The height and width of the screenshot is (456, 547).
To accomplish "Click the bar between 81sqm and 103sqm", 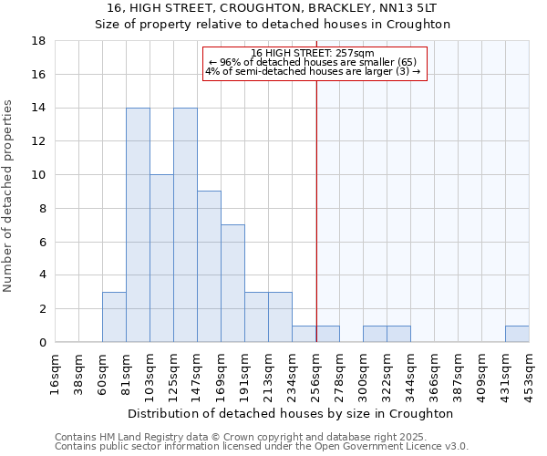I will [x=138, y=225].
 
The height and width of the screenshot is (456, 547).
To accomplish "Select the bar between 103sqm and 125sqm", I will [x=161, y=258].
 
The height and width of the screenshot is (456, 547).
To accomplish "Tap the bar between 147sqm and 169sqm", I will [x=209, y=266].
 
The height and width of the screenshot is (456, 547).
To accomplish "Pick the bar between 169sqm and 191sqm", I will [x=232, y=284].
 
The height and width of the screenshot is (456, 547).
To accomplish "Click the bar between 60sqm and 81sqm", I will [x=114, y=316].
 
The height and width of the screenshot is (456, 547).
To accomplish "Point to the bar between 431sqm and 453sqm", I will [x=517, y=334].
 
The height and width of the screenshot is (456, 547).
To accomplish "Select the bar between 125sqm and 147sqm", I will [x=185, y=225].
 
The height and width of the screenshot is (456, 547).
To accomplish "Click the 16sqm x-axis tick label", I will [x=56, y=371].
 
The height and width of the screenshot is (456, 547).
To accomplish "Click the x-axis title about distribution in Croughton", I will [x=292, y=413].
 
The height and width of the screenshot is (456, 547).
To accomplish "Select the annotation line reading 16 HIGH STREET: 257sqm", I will [x=313, y=53].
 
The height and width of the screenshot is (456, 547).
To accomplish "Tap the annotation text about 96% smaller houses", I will [x=313, y=62].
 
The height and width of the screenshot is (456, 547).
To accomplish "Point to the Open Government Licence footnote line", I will [x=262, y=447].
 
